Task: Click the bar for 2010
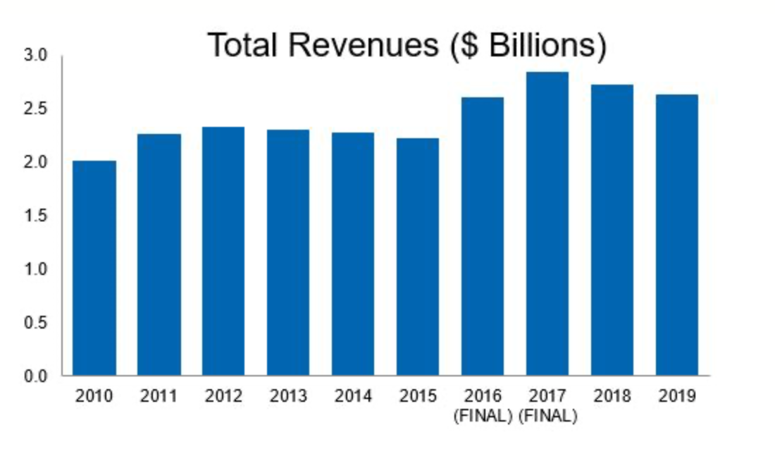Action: click(94, 268)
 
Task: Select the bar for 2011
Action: click(159, 254)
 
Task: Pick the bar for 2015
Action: click(418, 257)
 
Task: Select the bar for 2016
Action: click(483, 236)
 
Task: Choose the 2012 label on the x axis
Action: click(223, 396)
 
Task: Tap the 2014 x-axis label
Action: click(353, 396)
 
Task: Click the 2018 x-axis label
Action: click(612, 396)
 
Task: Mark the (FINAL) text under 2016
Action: click(483, 417)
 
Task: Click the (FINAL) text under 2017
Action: click(548, 417)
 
